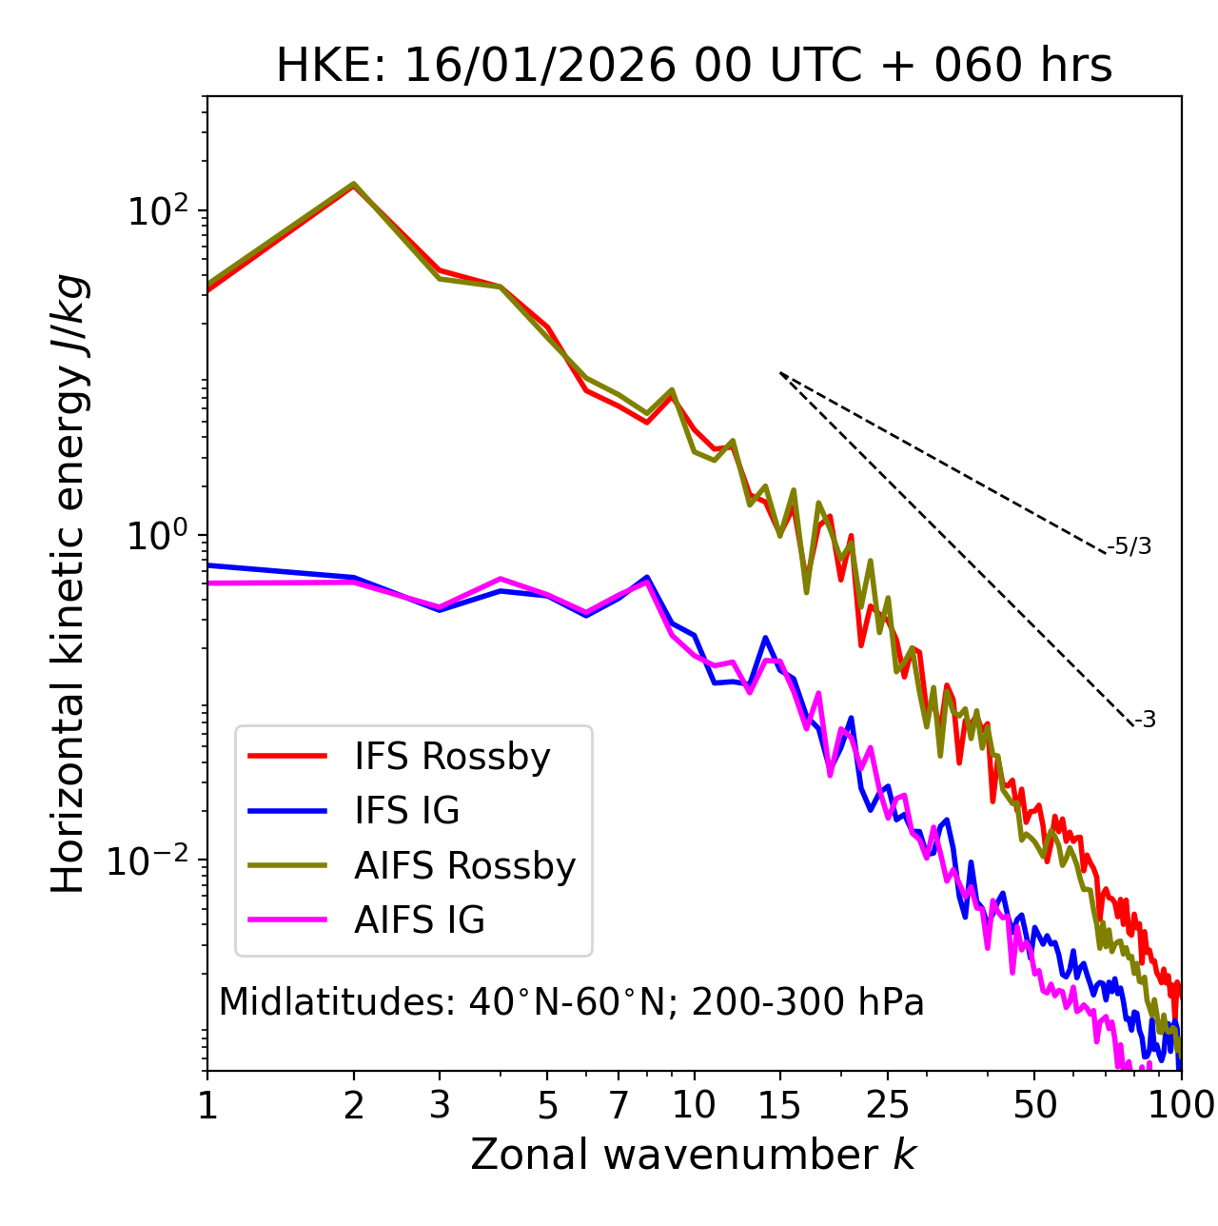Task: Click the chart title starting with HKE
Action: pos(694,66)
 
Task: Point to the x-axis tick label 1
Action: pos(207,1105)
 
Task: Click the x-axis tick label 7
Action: pos(619,1105)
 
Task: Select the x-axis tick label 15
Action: pos(779,1105)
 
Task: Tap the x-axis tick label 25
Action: pos(888,1105)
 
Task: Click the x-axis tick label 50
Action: pos(1034,1105)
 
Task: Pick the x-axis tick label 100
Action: pos(1181,1105)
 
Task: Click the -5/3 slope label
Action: pos(1130,546)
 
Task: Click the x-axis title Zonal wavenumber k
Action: pos(693,1155)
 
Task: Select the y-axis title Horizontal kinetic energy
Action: pos(69,583)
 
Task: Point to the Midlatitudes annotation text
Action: pos(571,1002)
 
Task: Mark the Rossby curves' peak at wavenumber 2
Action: pos(354,184)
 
